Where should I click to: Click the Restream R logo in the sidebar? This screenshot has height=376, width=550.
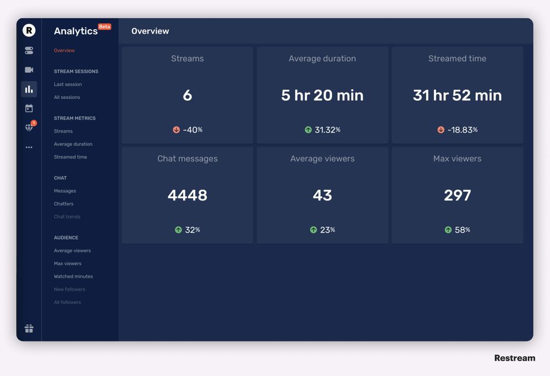pyautogui.click(x=29, y=30)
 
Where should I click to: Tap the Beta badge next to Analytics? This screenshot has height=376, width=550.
pyautogui.click(x=105, y=26)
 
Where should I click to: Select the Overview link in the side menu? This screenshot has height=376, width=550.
pyautogui.click(x=64, y=51)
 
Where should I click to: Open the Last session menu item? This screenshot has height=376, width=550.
pyautogui.click(x=68, y=84)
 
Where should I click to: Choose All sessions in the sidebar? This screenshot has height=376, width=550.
pyautogui.click(x=67, y=97)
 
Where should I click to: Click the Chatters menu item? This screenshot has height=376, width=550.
pyautogui.click(x=63, y=204)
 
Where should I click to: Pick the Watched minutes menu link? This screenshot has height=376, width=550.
pyautogui.click(x=73, y=276)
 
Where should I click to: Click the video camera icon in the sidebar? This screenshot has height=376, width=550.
pyautogui.click(x=29, y=70)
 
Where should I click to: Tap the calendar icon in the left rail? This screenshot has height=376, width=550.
pyautogui.click(x=29, y=108)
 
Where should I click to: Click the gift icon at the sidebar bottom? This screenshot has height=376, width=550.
pyautogui.click(x=29, y=329)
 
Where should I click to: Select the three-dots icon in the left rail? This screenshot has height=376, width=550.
pyautogui.click(x=29, y=147)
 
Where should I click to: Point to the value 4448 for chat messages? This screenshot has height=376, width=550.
pyautogui.click(x=188, y=195)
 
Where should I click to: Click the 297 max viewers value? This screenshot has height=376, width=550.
pyautogui.click(x=458, y=195)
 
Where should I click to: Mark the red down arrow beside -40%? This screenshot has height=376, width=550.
pyautogui.click(x=177, y=130)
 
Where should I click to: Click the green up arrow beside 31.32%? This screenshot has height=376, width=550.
pyautogui.click(x=309, y=130)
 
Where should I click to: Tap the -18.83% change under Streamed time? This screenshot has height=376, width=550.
pyautogui.click(x=463, y=130)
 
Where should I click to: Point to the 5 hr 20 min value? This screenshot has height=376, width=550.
pyautogui.click(x=322, y=95)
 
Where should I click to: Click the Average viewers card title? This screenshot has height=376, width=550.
pyautogui.click(x=322, y=159)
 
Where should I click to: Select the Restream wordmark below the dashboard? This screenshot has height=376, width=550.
pyautogui.click(x=514, y=358)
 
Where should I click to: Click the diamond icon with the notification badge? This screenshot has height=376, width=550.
pyautogui.click(x=29, y=128)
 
